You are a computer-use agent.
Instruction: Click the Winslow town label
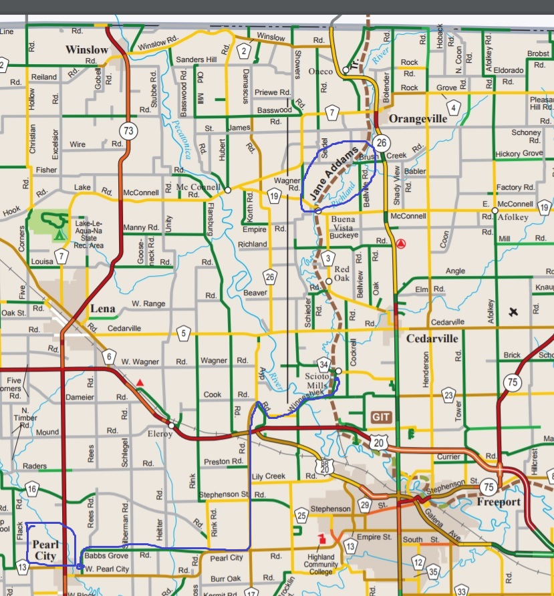[x=86, y=49]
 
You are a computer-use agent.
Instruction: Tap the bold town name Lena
[x=102, y=309]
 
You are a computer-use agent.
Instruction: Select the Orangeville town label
[x=418, y=118]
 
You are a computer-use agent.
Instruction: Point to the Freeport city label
[x=499, y=501]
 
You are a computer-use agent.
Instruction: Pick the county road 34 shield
[x=323, y=364]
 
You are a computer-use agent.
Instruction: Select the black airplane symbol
[x=513, y=311]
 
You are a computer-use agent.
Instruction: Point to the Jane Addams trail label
[x=332, y=172]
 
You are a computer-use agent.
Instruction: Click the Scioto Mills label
[x=317, y=381]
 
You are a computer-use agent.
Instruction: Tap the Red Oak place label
[x=341, y=273]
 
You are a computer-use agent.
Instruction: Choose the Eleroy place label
[x=160, y=434]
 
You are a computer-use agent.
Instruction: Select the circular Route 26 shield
[x=382, y=142]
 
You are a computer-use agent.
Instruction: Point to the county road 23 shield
[x=448, y=395]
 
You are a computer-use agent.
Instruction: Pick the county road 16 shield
[x=32, y=490]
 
